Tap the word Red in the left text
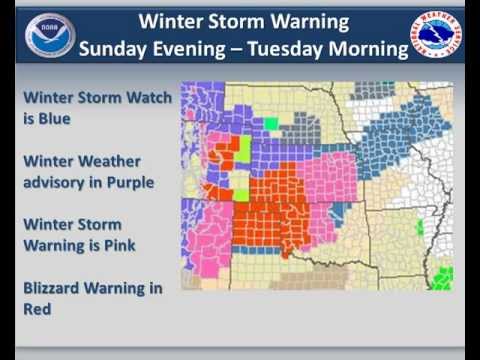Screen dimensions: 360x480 [37, 309]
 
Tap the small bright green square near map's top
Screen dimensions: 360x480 [270, 124]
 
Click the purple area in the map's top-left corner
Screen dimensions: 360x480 [196, 100]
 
